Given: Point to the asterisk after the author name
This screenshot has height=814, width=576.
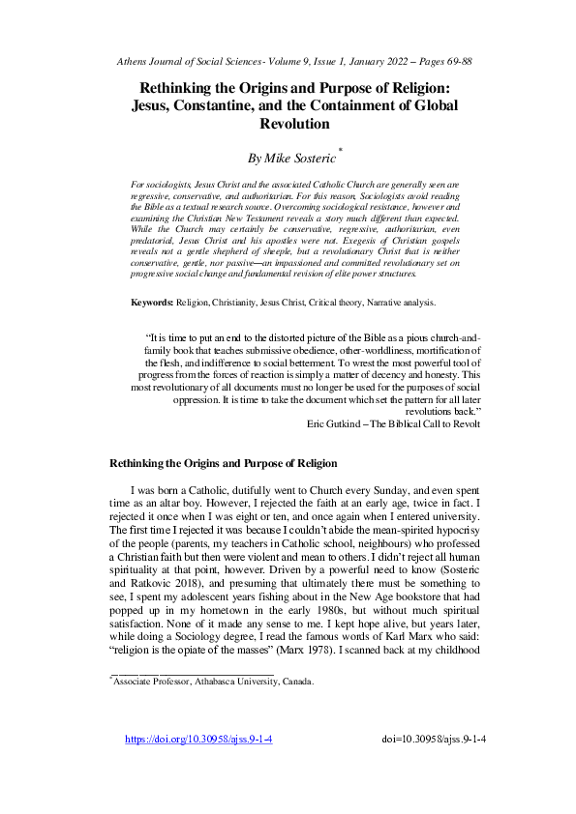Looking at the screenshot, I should (341, 150).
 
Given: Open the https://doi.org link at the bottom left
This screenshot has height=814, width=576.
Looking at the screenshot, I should (199, 740).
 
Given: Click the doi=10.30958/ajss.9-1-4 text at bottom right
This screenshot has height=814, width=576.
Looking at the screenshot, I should (435, 740).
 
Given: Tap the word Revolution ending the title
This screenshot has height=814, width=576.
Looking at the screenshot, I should (295, 124).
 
